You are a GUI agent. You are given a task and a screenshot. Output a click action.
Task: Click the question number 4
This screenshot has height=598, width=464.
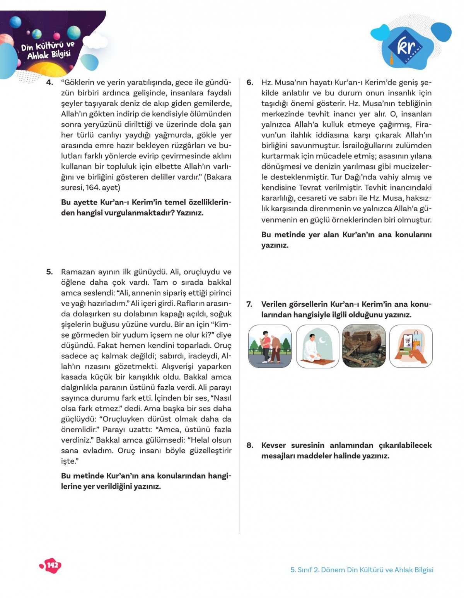[x=49, y=83]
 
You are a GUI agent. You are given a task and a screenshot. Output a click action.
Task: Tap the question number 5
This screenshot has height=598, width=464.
[x=49, y=272]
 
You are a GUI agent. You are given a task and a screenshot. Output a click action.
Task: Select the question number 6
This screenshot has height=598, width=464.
[x=250, y=83]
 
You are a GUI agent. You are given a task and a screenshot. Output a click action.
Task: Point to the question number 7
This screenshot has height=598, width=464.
[x=249, y=304]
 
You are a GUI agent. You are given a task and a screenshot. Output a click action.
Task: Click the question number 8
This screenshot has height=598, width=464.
[x=250, y=445]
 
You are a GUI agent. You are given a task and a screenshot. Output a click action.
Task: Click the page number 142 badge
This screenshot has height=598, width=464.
[x=51, y=566]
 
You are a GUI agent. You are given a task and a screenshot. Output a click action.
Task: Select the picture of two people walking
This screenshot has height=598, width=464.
[x=270, y=346]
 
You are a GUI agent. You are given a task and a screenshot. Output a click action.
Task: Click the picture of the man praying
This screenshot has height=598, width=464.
[x=317, y=346]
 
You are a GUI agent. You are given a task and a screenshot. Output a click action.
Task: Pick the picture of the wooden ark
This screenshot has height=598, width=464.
[x=364, y=346]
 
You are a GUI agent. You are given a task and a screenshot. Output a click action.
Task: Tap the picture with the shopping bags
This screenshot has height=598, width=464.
[x=411, y=346]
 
